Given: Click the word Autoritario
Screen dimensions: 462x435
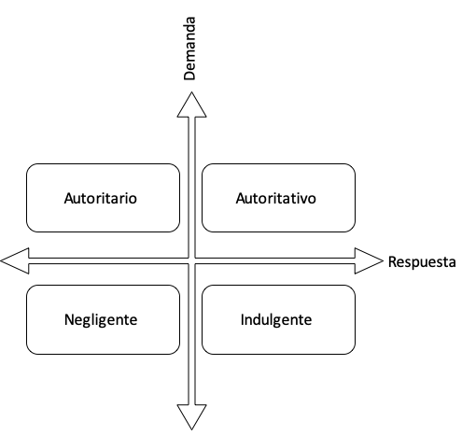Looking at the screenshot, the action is pyautogui.click(x=101, y=198).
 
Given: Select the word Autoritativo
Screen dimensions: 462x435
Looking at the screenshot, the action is pyautogui.click(x=276, y=198).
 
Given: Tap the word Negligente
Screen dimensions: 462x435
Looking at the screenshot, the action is pyautogui.click(x=101, y=320).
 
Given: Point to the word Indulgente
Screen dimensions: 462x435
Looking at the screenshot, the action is pyautogui.click(x=276, y=320).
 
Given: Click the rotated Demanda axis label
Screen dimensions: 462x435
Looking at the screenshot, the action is pyautogui.click(x=189, y=49).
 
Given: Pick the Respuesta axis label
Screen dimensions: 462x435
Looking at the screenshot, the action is pyautogui.click(x=422, y=261).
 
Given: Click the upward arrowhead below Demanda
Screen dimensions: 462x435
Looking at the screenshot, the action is pyautogui.click(x=191, y=105).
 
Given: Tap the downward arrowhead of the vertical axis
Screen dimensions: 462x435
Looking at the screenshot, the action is pyautogui.click(x=191, y=417).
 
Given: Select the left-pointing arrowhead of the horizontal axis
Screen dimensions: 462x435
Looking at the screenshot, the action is pyautogui.click(x=15, y=261).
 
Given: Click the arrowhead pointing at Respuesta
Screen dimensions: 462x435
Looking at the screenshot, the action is pyautogui.click(x=369, y=261).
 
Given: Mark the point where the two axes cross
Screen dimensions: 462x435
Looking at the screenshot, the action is pyautogui.click(x=191, y=261).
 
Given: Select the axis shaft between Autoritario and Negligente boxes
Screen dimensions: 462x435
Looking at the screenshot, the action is pyautogui.click(x=108, y=261).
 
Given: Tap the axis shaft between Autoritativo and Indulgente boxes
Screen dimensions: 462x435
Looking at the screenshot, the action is pyautogui.click(x=275, y=261).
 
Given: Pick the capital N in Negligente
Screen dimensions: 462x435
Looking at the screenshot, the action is pyautogui.click(x=69, y=319).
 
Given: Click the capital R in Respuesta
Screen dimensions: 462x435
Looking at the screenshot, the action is pyautogui.click(x=392, y=261).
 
